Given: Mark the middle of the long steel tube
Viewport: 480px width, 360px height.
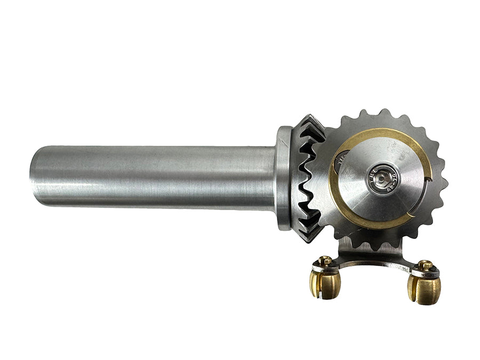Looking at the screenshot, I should (x=155, y=176).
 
